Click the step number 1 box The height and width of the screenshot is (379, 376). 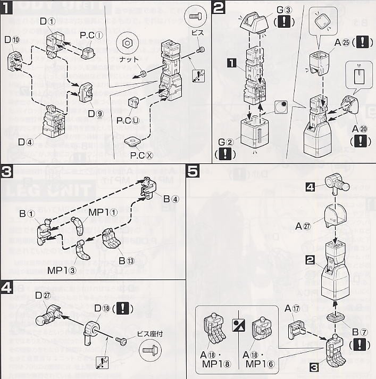click(7, 7)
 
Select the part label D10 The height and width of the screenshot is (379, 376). click(11, 40)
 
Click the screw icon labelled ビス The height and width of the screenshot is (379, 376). click(194, 17)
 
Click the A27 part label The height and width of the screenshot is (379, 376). click(305, 226)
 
